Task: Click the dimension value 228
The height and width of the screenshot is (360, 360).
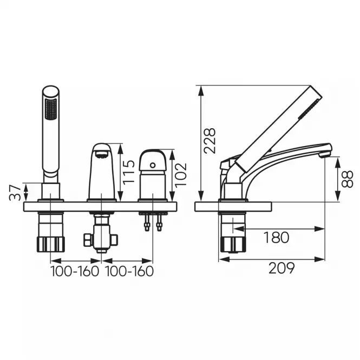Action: [x=210, y=141]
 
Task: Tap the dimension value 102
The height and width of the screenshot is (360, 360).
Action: [x=181, y=175]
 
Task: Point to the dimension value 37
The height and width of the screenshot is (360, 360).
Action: [x=15, y=192]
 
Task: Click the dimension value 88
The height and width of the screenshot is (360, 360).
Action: [x=347, y=179]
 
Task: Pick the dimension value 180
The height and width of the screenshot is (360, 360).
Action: [x=276, y=238]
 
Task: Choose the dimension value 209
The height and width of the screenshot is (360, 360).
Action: [x=282, y=268]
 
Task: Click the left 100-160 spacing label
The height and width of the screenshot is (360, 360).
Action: [x=75, y=271]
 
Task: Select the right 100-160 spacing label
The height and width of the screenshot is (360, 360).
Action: [x=129, y=271]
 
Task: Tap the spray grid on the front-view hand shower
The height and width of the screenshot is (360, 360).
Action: [x=51, y=109]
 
